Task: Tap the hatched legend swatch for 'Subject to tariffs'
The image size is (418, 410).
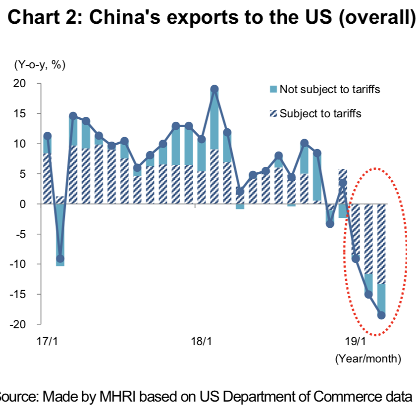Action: tap(273, 113)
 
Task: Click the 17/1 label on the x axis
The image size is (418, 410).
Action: tap(48, 342)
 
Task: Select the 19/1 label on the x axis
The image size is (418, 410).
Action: tap(355, 342)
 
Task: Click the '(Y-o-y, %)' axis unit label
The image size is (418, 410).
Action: tap(36, 64)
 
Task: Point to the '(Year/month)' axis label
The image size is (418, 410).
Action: tap(367, 359)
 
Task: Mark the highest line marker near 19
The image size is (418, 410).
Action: tap(214, 89)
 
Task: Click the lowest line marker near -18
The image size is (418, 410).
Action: tap(381, 315)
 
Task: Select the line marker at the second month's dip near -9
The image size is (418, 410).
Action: tap(60, 258)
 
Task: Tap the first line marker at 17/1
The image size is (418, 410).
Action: tap(48, 136)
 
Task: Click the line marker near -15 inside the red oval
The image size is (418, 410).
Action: tap(368, 294)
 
